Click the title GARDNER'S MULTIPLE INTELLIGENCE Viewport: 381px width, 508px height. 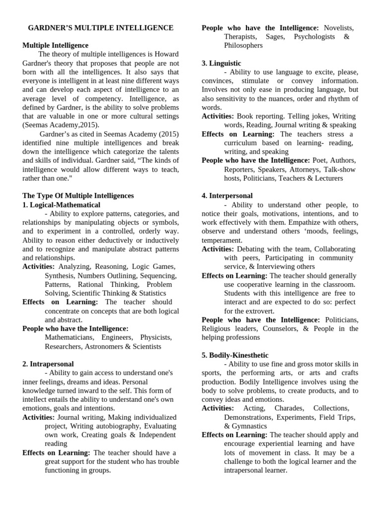point(100,28)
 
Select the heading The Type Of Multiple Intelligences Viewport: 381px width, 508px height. point(78,196)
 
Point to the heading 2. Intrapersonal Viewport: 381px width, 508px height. point(48,364)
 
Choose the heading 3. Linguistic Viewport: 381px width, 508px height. point(221,63)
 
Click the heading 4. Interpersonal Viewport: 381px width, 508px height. point(227,196)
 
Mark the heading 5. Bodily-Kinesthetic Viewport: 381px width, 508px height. point(235,355)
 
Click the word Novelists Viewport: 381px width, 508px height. point(339,28)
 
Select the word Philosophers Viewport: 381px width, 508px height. point(243,45)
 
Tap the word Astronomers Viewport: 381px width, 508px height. point(103,346)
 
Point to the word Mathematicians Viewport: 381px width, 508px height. point(69,337)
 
